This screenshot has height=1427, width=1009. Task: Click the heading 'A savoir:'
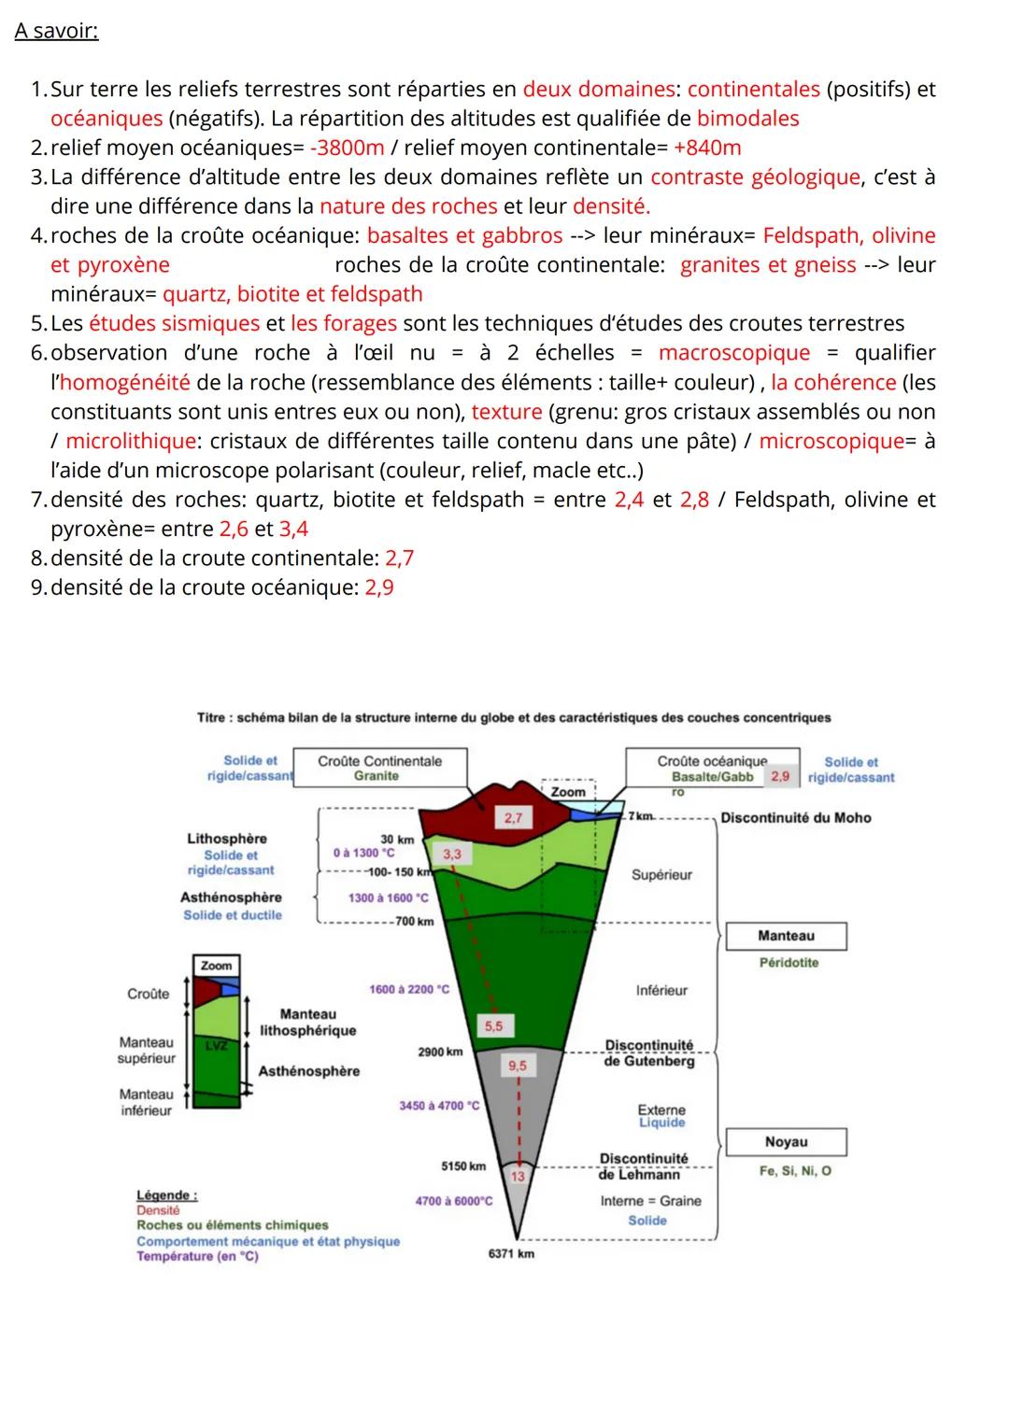tap(56, 32)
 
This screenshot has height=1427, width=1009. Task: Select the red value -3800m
tap(345, 148)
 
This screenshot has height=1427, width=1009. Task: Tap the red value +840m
tap(706, 148)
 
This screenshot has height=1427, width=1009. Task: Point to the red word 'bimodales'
tap(747, 119)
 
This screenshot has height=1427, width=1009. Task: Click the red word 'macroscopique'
tap(734, 353)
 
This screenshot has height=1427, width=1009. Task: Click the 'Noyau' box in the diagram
tap(786, 1142)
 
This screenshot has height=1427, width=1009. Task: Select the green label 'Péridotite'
tap(789, 963)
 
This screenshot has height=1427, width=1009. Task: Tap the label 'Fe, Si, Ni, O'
tap(797, 1171)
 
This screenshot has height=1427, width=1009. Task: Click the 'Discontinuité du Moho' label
tap(795, 818)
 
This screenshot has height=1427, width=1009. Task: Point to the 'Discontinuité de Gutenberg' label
tap(649, 1053)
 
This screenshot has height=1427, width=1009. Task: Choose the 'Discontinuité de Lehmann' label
tap(643, 1166)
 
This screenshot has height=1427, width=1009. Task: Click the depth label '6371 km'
tap(511, 1254)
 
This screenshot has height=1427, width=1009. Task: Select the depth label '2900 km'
tap(440, 1052)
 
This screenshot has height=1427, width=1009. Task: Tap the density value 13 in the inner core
tap(518, 1177)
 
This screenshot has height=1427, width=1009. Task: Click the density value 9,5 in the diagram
tap(517, 1066)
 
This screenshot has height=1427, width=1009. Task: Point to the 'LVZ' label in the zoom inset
tap(216, 1046)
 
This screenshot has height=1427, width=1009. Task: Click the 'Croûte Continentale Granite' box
tap(379, 768)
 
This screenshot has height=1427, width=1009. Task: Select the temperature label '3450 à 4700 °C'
tap(439, 1106)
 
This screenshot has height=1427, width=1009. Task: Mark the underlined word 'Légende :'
tap(166, 1195)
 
